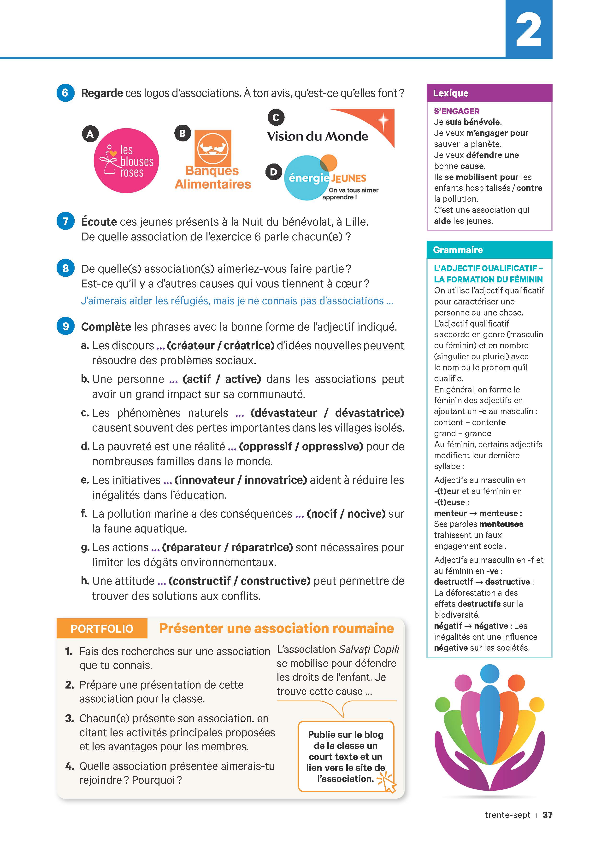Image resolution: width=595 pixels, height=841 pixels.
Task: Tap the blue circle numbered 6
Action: [65, 93]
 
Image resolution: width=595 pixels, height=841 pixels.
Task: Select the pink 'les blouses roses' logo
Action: [126, 160]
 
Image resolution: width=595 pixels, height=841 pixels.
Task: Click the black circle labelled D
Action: [273, 172]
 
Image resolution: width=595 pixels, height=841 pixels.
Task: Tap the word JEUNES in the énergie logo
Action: [348, 178]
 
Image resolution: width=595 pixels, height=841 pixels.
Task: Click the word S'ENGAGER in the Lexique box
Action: [457, 111]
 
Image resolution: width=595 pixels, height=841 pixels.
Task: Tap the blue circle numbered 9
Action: [65, 326]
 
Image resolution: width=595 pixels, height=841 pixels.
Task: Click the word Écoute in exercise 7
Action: [99, 222]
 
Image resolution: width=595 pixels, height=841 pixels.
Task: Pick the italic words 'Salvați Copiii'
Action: [369, 649]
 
